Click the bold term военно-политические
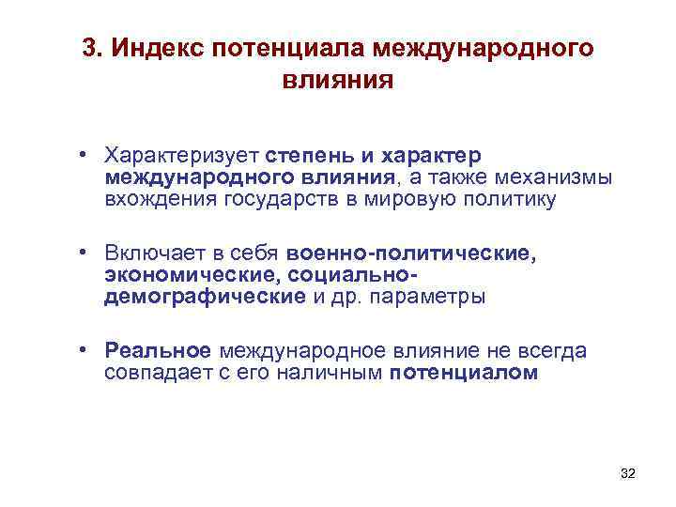coord(413,253)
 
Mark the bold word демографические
coord(205,298)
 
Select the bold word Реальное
coord(158,351)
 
